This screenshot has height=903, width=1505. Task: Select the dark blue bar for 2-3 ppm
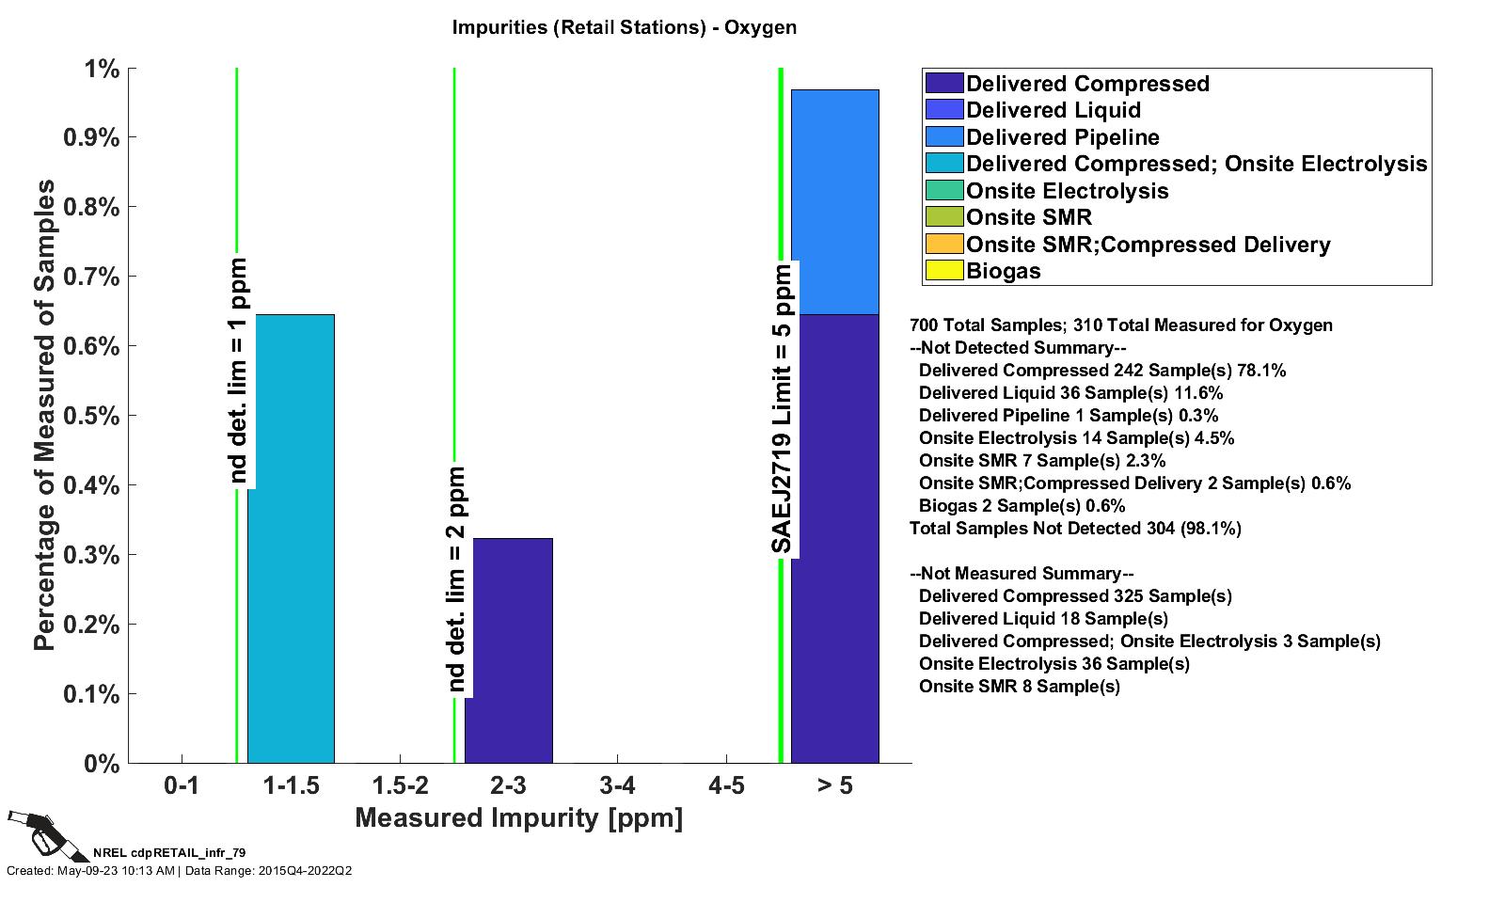(x=508, y=650)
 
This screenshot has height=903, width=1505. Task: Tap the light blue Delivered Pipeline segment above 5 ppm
(x=834, y=201)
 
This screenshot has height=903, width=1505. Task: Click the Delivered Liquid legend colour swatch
(x=944, y=110)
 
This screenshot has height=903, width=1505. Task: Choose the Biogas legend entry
(x=1004, y=271)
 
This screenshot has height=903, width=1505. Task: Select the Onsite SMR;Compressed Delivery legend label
(x=1148, y=245)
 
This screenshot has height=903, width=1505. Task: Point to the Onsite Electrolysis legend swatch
(x=944, y=191)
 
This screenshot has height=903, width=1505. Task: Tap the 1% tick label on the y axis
(x=102, y=69)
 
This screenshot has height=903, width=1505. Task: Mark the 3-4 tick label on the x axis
(x=617, y=784)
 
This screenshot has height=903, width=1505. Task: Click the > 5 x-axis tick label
(x=834, y=784)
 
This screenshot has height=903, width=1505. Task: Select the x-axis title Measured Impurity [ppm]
(x=518, y=817)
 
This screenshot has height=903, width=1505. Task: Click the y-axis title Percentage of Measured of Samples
(x=44, y=416)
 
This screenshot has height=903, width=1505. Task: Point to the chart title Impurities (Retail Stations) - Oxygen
(x=624, y=26)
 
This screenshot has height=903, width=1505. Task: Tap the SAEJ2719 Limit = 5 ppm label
(x=782, y=409)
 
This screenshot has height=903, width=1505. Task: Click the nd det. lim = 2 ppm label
(x=456, y=580)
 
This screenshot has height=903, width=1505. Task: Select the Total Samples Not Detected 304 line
(x=1075, y=529)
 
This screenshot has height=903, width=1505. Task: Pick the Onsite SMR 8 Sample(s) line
(x=1019, y=687)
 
